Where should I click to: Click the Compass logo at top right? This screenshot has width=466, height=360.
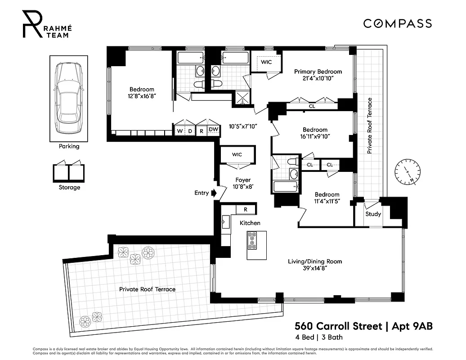[397, 23]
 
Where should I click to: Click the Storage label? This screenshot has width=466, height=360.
[69, 187]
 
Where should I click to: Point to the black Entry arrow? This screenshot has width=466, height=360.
[214, 193]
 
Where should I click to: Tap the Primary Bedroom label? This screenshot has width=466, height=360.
[318, 72]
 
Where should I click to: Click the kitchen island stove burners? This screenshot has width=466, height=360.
[252, 240]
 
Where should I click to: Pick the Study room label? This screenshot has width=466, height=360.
[373, 214]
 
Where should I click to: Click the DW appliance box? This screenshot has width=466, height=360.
[213, 130]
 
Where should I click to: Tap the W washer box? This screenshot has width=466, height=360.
[180, 130]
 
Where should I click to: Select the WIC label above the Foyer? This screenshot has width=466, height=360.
[237, 154]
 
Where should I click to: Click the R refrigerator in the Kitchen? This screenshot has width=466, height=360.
[245, 209]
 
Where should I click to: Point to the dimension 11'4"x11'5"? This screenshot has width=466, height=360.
[327, 202]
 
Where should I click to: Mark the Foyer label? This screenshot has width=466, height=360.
[243, 180]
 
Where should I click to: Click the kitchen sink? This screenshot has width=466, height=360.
[225, 221]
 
